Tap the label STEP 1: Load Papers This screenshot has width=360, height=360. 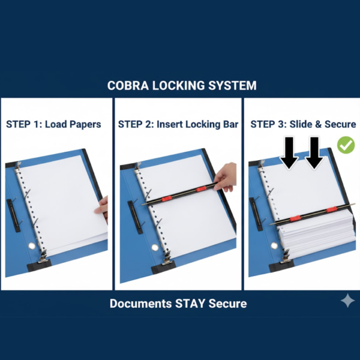click(x=53, y=124)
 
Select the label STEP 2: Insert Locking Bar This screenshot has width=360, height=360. click(x=178, y=124)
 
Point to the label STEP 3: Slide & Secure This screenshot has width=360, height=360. click(x=303, y=124)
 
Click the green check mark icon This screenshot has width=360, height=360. click(x=345, y=145)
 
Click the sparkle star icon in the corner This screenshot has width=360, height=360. click(x=347, y=301)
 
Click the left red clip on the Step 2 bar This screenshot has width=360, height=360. click(x=169, y=196)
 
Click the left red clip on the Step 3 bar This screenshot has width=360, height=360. click(x=295, y=217)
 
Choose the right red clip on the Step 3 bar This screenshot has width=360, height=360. click(x=331, y=209)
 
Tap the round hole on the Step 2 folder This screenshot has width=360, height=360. click(x=155, y=247)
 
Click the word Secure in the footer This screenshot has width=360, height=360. click(x=227, y=304)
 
